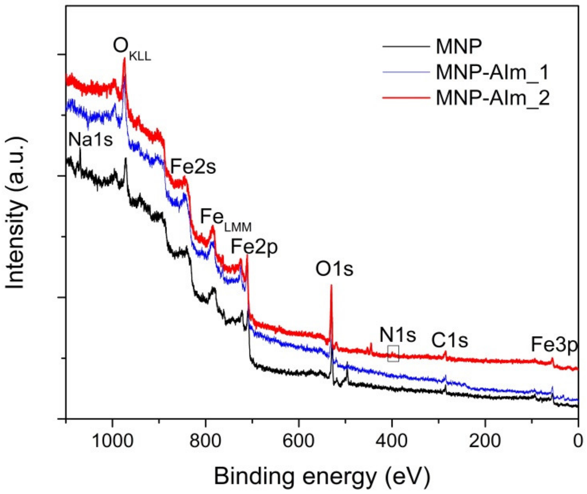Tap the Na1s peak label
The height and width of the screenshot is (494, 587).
(90, 139)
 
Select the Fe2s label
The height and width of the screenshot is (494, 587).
(193, 167)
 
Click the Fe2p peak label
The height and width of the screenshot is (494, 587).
(254, 247)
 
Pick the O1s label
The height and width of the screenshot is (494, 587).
(334, 269)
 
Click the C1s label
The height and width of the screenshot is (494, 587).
(450, 341)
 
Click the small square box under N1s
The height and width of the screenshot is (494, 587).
(393, 353)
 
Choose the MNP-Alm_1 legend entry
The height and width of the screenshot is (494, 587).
(492, 72)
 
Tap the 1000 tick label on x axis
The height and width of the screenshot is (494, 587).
(112, 441)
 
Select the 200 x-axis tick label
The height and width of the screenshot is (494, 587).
(485, 441)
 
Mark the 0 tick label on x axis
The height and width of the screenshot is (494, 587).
(577, 441)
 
